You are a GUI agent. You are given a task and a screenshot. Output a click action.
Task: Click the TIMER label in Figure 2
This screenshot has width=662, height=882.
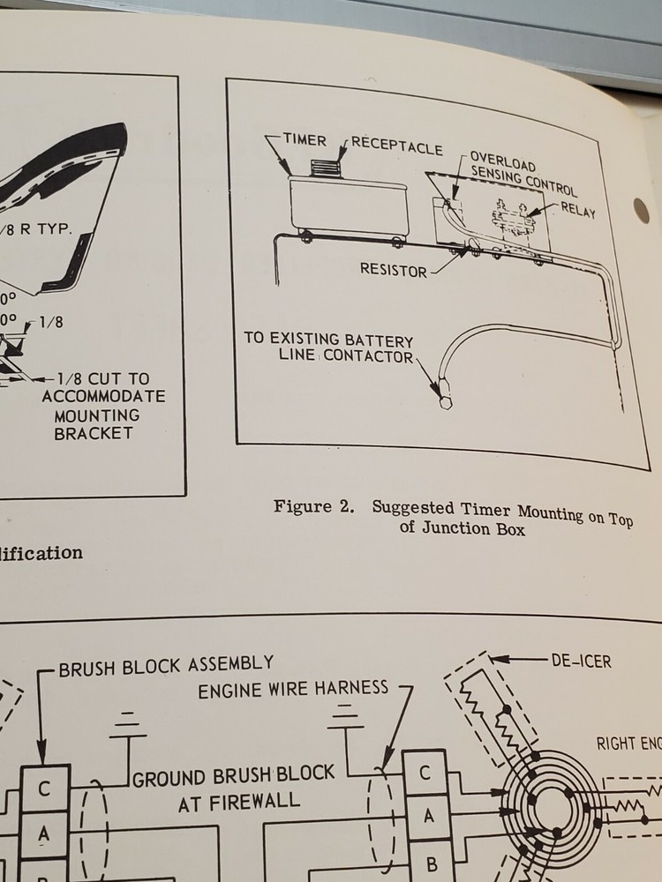point(305,140)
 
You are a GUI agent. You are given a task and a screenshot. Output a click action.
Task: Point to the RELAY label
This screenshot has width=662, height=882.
point(577,211)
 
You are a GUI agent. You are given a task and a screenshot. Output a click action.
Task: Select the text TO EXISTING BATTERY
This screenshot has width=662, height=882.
point(328,340)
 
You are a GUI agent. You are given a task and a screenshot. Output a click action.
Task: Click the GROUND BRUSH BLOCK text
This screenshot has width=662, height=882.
point(234,775)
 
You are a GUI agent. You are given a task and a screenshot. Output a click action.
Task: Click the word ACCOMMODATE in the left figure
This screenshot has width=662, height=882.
point(103,396)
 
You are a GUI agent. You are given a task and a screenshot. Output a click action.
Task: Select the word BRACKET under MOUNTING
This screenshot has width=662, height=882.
point(103,432)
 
